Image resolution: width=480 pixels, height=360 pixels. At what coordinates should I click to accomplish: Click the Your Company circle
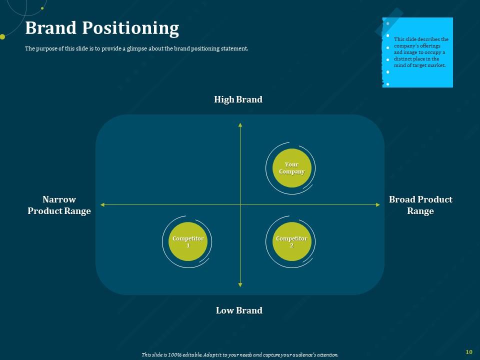[x=291, y=168]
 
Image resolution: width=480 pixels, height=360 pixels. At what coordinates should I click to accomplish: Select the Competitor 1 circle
[x=188, y=242]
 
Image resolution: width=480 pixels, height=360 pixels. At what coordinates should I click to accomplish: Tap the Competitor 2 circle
[x=291, y=242]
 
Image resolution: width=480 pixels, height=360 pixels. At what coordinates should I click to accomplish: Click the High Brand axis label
[x=238, y=99]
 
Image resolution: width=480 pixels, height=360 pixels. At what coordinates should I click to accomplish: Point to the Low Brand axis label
[x=239, y=310]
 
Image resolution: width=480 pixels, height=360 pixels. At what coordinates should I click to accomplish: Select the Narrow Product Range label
[x=59, y=205]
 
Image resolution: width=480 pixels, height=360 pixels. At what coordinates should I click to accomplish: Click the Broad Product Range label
[x=420, y=205]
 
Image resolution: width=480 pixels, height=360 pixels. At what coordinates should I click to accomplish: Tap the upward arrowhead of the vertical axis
[x=240, y=124]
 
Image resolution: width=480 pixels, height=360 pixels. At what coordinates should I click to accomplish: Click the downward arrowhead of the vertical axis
[x=240, y=284]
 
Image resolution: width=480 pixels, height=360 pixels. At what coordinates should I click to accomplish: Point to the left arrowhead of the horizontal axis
[x=102, y=204]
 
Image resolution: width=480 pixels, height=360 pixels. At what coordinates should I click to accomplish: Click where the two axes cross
[x=240, y=204]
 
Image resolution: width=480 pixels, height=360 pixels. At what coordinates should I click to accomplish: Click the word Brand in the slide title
[x=49, y=28]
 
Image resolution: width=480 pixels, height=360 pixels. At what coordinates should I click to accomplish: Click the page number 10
[x=468, y=352]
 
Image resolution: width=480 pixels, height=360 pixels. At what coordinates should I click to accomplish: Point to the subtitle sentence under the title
[x=136, y=49]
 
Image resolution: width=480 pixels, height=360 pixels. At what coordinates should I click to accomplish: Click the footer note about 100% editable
[x=240, y=354]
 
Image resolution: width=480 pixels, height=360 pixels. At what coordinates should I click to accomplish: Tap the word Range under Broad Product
[x=420, y=211]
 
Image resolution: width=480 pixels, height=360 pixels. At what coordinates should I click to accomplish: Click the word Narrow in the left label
[x=59, y=199]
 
